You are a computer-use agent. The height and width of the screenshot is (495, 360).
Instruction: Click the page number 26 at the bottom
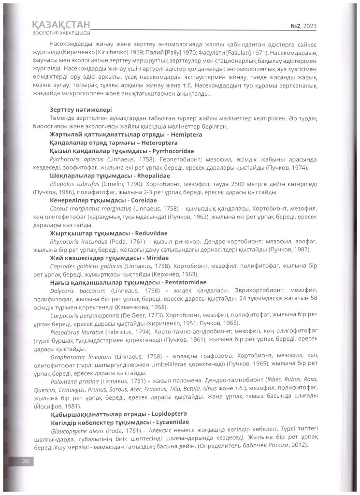[26, 461]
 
